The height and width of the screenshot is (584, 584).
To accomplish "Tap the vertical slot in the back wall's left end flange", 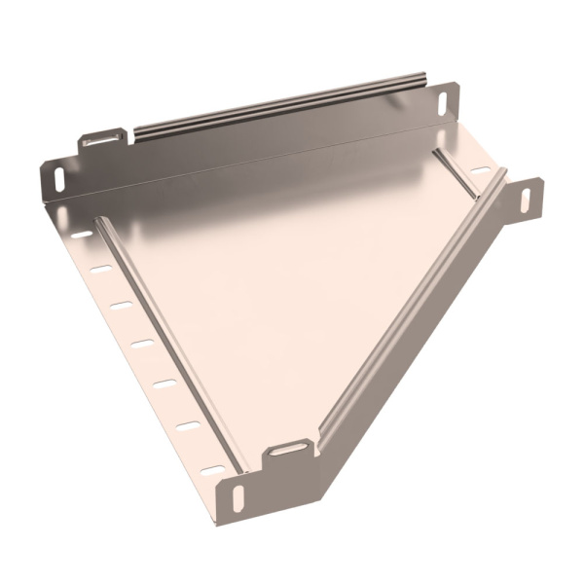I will [55, 179].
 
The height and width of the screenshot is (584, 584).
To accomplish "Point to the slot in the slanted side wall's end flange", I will [526, 199].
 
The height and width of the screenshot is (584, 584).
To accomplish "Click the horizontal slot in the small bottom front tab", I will [288, 449].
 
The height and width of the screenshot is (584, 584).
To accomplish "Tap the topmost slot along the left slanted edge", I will [83, 235].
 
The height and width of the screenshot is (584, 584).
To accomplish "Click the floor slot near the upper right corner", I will [479, 171].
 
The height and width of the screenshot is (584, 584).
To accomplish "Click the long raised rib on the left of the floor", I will [165, 341].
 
